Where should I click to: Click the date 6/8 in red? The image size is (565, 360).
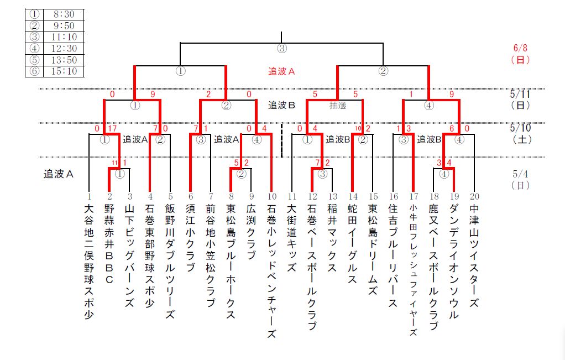520,49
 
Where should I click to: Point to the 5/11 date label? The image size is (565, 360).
520,94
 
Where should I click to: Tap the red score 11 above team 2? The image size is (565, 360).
114,163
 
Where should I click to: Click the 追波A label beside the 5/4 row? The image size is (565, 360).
59,174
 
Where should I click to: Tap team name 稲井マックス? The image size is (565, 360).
332,238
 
